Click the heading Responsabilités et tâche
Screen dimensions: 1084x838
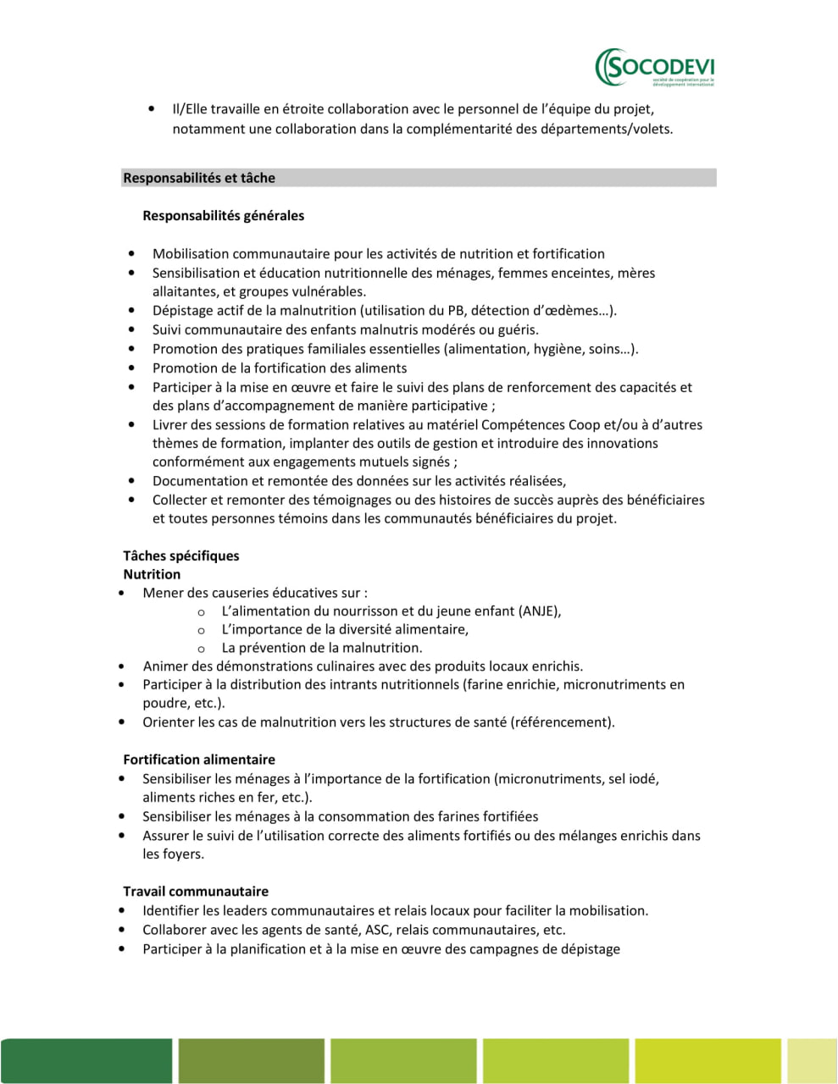click(199, 178)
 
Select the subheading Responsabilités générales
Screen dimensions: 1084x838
click(223, 216)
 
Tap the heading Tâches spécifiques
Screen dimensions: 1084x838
click(180, 556)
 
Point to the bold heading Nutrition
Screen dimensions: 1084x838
click(152, 574)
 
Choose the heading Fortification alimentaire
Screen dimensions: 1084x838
click(199, 760)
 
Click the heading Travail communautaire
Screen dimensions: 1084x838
click(196, 891)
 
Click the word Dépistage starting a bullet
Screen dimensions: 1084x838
click(182, 311)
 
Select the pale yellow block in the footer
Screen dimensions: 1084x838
click(812, 1060)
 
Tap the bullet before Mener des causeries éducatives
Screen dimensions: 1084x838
click(123, 594)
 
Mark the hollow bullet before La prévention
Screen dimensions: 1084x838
click(201, 649)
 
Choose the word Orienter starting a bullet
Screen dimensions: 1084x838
click(169, 722)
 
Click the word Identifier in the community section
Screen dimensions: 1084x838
click(174, 911)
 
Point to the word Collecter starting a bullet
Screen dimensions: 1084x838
click(180, 501)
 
